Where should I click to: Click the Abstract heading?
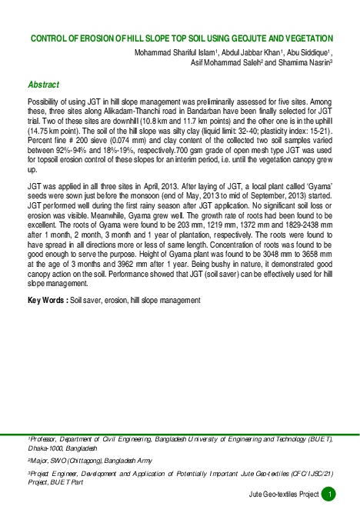pyautogui.click(x=43, y=84)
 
